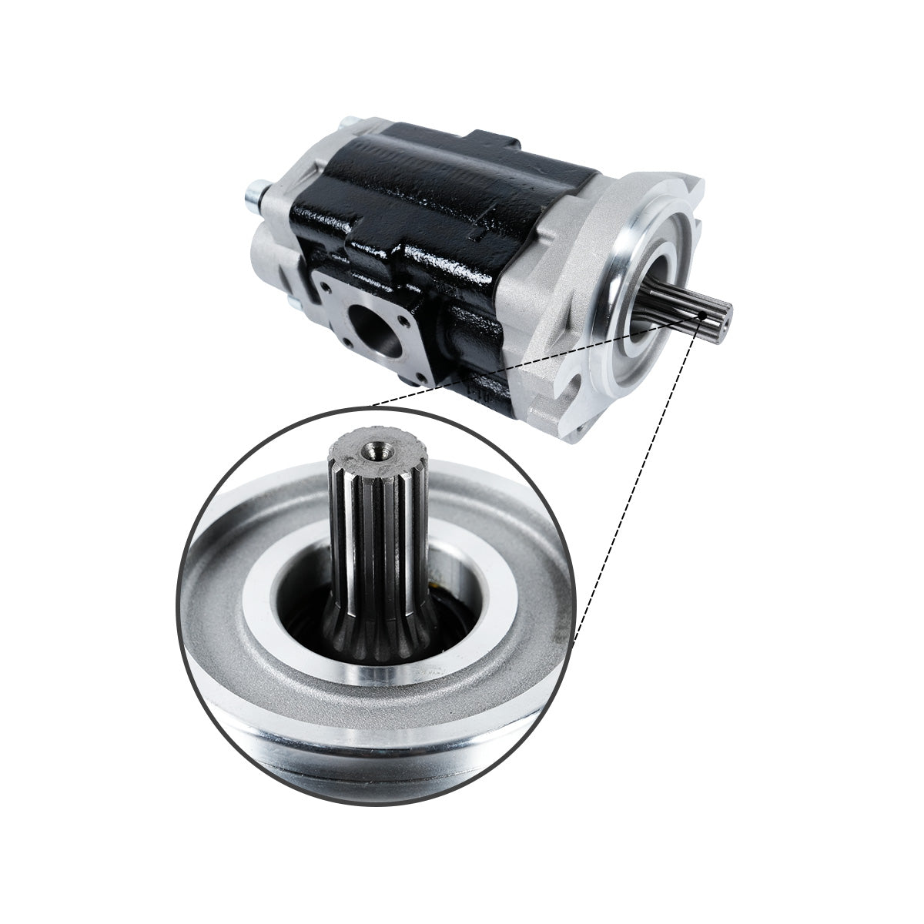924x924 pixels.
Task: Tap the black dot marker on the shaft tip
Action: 702,315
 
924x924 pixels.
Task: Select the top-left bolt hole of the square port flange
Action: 326,288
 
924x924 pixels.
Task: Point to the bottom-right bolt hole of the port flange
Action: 419,377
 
